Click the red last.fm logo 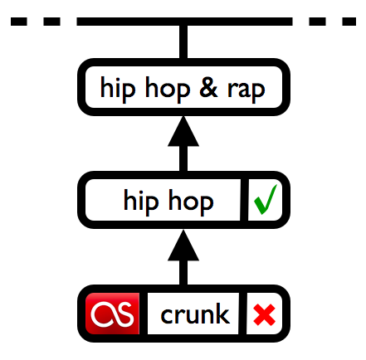112,314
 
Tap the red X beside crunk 264,314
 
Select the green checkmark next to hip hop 265,200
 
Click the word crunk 195,314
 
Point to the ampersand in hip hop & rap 208,88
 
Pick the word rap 246,90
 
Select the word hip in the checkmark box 141,202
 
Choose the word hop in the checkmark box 191,202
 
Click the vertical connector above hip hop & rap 183,42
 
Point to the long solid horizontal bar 184,22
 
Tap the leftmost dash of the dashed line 19,22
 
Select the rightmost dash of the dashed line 349,22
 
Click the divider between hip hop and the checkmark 244,200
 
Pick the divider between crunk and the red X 242,314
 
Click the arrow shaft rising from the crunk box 183,273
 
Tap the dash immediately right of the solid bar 317,22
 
